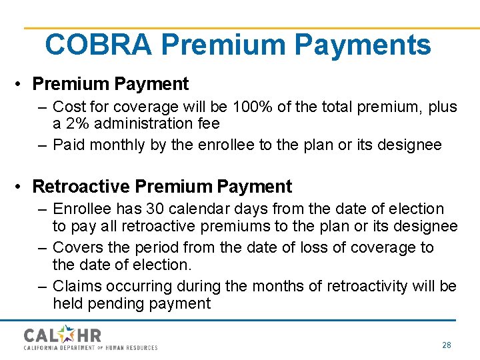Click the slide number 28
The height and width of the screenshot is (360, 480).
coord(447,345)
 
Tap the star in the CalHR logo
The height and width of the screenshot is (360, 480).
coord(68,333)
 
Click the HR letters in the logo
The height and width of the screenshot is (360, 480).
coord(89,335)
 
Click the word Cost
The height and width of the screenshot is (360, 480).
coord(68,106)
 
